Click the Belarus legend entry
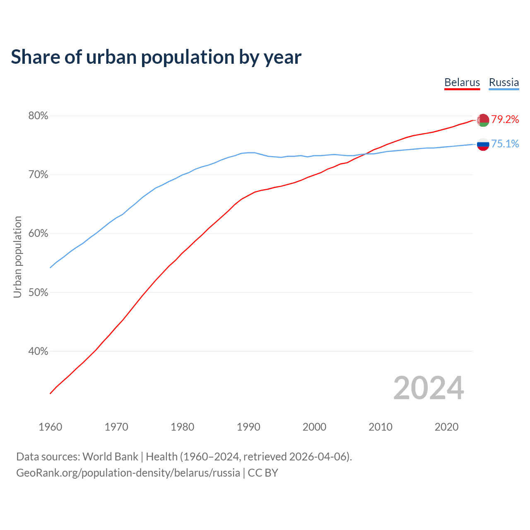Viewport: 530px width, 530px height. click(x=462, y=82)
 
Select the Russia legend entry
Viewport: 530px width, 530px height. click(x=503, y=82)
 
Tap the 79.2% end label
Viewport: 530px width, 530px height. click(x=505, y=120)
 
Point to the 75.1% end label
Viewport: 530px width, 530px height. click(x=505, y=144)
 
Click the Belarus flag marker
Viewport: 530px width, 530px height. click(x=483, y=120)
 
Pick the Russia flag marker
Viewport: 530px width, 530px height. click(x=483, y=145)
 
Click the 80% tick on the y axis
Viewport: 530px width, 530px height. click(x=38, y=116)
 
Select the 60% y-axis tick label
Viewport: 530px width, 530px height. click(x=38, y=234)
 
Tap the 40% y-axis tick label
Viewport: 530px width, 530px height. click(x=38, y=352)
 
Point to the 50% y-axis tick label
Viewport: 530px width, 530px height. click(x=38, y=293)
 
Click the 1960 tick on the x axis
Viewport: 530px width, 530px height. click(x=50, y=427)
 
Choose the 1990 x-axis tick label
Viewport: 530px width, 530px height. click(x=248, y=427)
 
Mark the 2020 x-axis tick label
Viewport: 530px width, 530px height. click(x=446, y=427)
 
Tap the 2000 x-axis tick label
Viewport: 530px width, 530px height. click(x=314, y=427)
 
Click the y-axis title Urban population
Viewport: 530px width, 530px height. click(x=17, y=257)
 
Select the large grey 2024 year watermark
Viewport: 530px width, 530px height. click(x=429, y=388)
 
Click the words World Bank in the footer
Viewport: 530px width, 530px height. click(x=110, y=457)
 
